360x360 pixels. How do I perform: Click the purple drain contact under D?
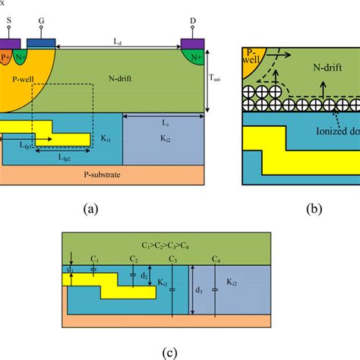(192, 42)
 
